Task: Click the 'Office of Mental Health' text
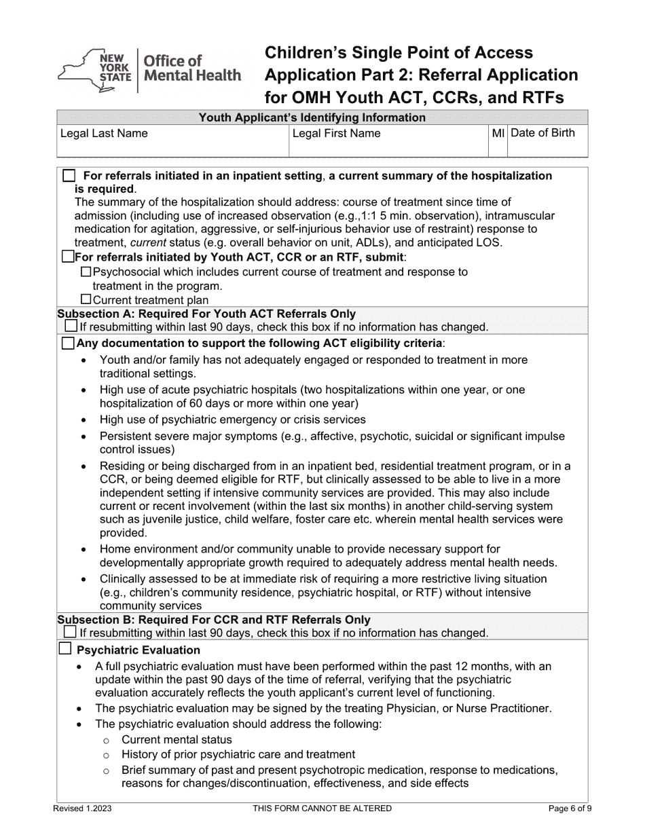click(x=190, y=68)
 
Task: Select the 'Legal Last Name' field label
click(x=104, y=133)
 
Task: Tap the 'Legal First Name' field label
click(x=336, y=133)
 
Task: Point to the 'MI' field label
click(x=498, y=133)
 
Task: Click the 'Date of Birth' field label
click(x=542, y=133)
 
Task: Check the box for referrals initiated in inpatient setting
click(x=69, y=176)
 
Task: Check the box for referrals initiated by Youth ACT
click(x=67, y=257)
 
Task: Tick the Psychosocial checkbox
click(x=86, y=272)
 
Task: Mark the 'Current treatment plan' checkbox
click(x=86, y=299)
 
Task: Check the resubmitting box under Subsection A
click(x=71, y=327)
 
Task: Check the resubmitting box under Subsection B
click(x=71, y=633)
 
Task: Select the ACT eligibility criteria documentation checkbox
click(x=68, y=344)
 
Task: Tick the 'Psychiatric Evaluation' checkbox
click(x=65, y=650)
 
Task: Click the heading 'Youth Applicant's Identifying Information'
click(x=312, y=117)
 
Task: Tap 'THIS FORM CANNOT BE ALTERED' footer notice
click(x=322, y=809)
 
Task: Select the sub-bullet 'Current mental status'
click(x=177, y=739)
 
